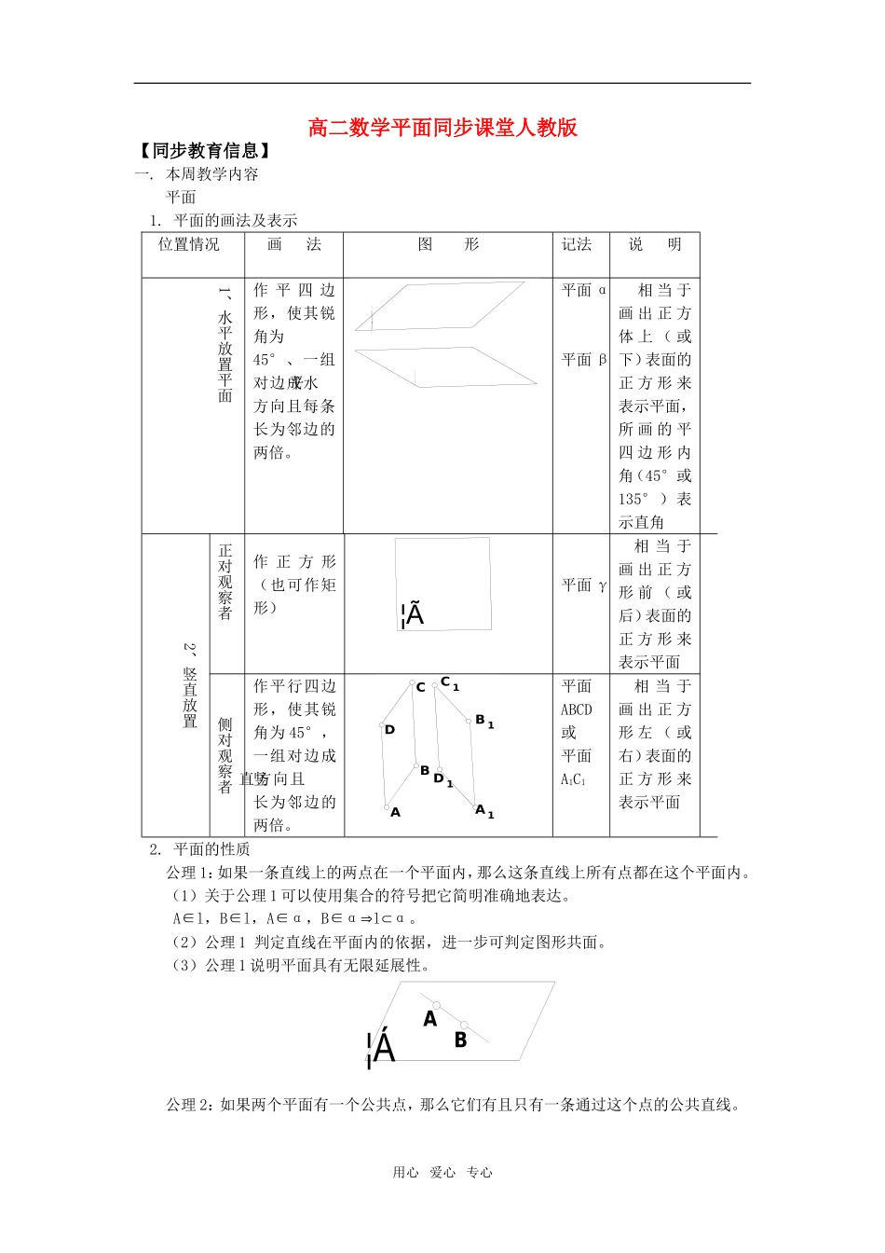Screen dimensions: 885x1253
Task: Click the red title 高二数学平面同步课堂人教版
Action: pos(442,128)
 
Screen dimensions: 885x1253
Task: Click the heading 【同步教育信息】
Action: pos(204,151)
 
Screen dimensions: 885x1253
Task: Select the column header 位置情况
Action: pos(189,244)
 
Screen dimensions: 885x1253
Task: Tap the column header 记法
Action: pos(577,244)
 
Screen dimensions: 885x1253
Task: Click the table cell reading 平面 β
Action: pos(584,360)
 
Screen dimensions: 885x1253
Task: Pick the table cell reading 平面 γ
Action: pos(584,585)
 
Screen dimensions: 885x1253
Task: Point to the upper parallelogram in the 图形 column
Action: pos(440,304)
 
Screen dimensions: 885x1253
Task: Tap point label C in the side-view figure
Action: pos(421,687)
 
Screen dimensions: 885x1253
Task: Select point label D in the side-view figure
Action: pos(389,730)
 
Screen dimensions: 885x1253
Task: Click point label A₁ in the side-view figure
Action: pos(483,810)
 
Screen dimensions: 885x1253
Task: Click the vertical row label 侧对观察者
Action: pos(225,755)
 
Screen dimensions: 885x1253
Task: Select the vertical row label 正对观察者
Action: pos(225,582)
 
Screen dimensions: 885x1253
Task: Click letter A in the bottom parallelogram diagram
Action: pos(429,1019)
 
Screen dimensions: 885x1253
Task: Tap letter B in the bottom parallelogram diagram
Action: pos(460,1040)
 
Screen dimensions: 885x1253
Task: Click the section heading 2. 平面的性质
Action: pos(199,849)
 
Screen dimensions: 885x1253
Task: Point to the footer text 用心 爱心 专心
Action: pos(442,1173)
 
